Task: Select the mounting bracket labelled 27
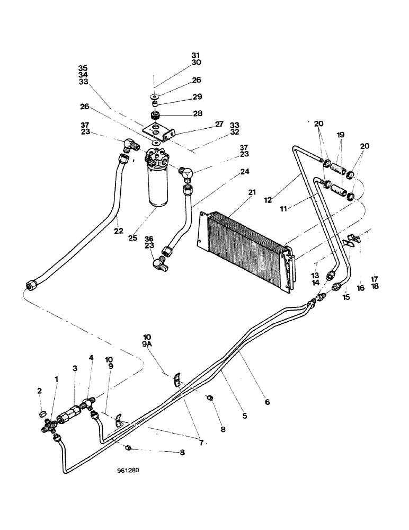[157, 130]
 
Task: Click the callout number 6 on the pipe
[267, 402]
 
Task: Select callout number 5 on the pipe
[245, 416]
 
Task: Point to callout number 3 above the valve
[75, 368]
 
